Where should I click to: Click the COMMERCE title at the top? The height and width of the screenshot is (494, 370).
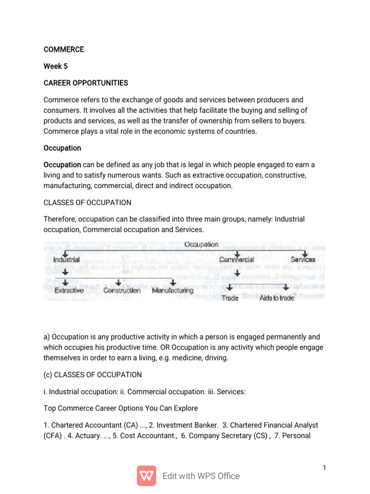point(64,49)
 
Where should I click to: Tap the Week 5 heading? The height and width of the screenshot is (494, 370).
point(55,66)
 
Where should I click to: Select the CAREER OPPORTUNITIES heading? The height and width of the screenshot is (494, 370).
point(86,83)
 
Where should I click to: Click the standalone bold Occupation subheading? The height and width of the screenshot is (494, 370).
point(62,148)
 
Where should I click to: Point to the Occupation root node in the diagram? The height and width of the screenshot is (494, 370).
point(201,245)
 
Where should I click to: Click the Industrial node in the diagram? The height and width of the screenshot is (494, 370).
point(67,260)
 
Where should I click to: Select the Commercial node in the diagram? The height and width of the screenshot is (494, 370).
point(236,260)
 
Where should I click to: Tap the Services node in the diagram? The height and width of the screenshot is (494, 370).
point(303,260)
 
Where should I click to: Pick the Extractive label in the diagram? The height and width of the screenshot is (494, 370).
point(69,290)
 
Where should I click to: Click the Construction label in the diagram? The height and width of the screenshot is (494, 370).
point(122,290)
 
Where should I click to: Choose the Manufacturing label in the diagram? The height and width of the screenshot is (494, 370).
point(172,290)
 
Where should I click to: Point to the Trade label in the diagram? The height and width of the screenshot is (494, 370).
point(230,298)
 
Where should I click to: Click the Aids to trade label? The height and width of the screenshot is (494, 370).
point(277,298)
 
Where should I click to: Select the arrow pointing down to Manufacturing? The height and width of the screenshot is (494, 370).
point(172,282)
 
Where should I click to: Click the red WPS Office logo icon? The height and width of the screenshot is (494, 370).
point(146,476)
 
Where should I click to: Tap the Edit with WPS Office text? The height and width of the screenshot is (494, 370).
point(201,476)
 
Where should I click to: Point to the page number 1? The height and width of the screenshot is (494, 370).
point(325,467)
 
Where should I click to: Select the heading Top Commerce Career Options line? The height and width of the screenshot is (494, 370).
point(120,408)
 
